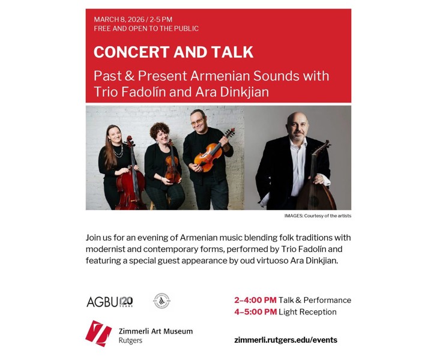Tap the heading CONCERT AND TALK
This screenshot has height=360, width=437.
173,52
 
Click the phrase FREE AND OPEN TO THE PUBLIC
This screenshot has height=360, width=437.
146,29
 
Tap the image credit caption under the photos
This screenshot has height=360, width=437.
318,215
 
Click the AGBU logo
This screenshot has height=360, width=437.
109,301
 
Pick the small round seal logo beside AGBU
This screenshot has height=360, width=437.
161,301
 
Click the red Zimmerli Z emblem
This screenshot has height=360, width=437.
98,333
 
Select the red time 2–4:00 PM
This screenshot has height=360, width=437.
255,300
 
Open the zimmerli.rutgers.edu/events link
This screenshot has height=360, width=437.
286,340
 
